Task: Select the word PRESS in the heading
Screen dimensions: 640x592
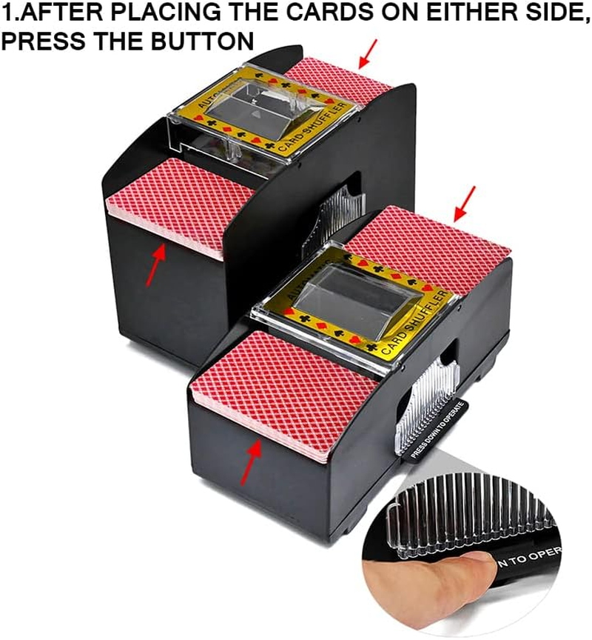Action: click(x=36, y=40)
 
